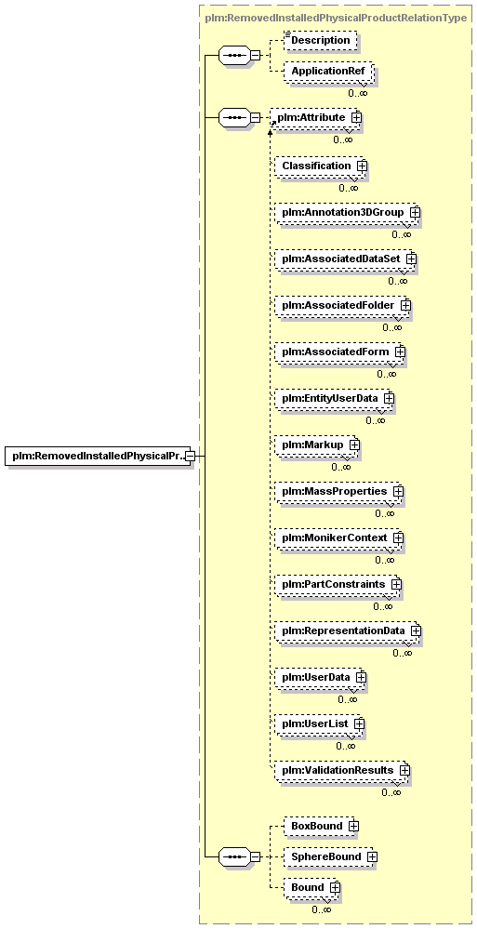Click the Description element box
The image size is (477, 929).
[321, 40]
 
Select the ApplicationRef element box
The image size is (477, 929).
[328, 72]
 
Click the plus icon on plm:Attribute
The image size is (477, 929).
[356, 117]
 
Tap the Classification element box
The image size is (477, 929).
[321, 166]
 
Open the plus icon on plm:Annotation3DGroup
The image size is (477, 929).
[416, 211]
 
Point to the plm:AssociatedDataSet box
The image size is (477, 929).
[346, 259]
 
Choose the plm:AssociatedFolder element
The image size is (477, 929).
[343, 305]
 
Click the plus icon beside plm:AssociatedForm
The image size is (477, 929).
[401, 352]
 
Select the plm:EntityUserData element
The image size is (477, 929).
[335, 398]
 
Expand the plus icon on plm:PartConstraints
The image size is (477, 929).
[396, 585]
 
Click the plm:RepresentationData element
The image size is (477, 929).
[349, 631]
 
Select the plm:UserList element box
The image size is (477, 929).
[319, 724]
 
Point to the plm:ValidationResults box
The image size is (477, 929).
[342, 770]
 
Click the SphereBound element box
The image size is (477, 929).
[331, 856]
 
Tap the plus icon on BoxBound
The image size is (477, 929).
[353, 826]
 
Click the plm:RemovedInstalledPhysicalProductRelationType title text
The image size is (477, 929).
[336, 18]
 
